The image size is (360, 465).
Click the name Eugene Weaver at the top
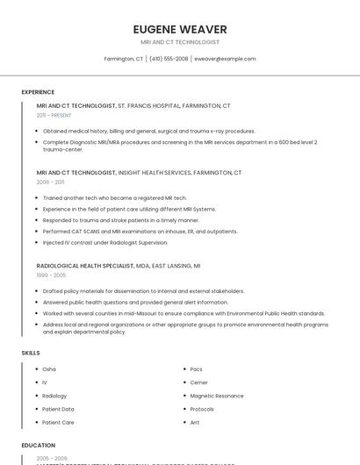pyautogui.click(x=179, y=29)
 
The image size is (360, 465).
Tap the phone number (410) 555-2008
pyautogui.click(x=169, y=59)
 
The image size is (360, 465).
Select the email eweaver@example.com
pyautogui.click(x=225, y=59)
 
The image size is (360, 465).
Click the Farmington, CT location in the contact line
pyautogui.click(x=124, y=59)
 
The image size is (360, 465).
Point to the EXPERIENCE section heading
pyautogui.click(x=38, y=92)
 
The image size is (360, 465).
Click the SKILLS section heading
pyautogui.click(x=31, y=353)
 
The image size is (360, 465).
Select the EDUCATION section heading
pyautogui.click(x=39, y=445)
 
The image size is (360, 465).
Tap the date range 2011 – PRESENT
pyautogui.click(x=54, y=115)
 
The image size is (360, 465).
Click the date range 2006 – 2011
pyautogui.click(x=50, y=182)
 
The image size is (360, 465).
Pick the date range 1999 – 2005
pyautogui.click(x=51, y=275)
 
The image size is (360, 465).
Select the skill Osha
pyautogui.click(x=49, y=369)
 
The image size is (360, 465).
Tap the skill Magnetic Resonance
pyautogui.click(x=217, y=396)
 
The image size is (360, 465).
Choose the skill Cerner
pyautogui.click(x=199, y=383)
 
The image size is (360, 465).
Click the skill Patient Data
pyautogui.click(x=58, y=409)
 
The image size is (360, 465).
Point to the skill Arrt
pyautogui.click(x=195, y=422)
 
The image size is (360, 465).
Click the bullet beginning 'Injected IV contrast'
pyautogui.click(x=104, y=242)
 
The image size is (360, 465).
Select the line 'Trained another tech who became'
pyautogui.click(x=114, y=198)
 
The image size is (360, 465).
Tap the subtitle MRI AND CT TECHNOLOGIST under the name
pyautogui.click(x=179, y=42)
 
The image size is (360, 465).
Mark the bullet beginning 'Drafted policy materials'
pyautogui.click(x=143, y=290)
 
